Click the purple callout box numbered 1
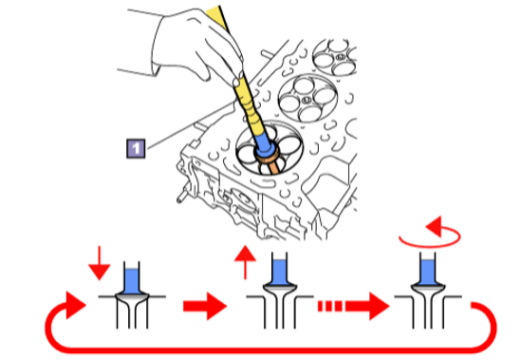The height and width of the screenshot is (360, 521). (136, 148)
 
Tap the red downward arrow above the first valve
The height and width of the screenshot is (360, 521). (99, 263)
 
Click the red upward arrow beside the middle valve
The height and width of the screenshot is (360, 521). (245, 262)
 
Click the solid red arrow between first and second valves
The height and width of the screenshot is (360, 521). (205, 306)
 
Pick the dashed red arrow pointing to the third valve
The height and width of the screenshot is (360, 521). (354, 306)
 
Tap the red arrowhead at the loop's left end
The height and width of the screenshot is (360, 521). (76, 305)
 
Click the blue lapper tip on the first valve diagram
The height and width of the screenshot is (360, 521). (132, 281)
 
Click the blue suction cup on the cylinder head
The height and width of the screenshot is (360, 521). (265, 144)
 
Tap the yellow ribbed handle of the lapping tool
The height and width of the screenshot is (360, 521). (249, 104)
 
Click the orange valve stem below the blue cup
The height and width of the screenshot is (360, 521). (272, 165)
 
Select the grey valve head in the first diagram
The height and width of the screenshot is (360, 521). (132, 298)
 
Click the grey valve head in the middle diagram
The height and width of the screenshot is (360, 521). (279, 289)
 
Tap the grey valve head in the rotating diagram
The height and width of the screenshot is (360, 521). (428, 289)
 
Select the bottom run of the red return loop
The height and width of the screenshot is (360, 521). (270, 350)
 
